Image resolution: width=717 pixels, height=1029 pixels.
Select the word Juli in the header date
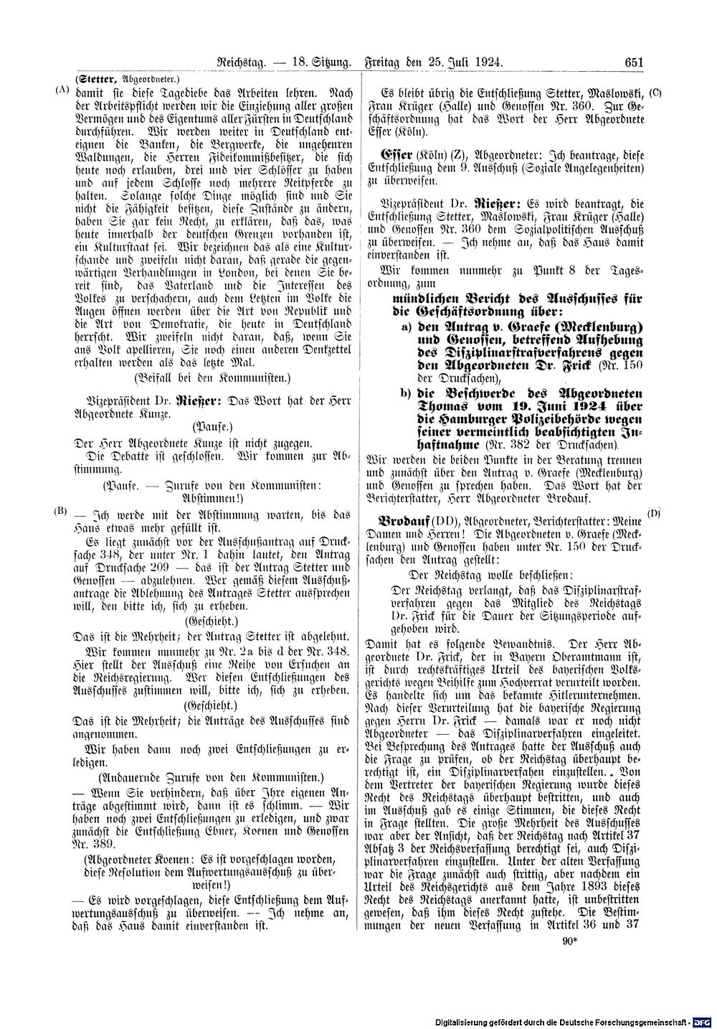462,63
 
